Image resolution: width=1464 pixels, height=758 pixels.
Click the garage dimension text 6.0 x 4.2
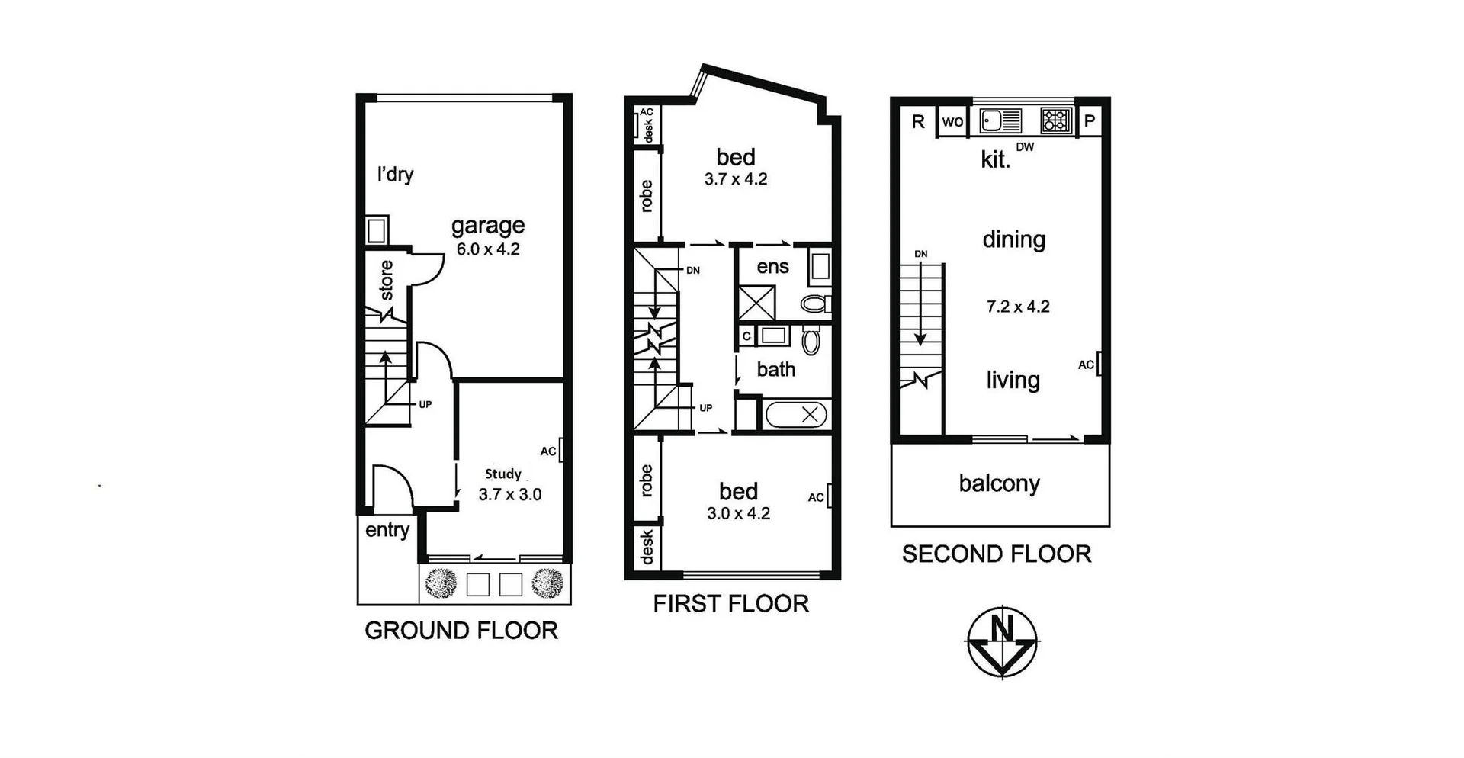coord(488,249)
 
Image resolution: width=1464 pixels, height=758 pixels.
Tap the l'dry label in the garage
coord(395,175)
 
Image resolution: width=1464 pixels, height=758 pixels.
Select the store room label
coord(387,280)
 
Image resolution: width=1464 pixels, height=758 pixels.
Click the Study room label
coord(503,474)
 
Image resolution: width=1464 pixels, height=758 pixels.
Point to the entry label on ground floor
coord(387,530)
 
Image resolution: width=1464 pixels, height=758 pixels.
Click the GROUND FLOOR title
coord(461,631)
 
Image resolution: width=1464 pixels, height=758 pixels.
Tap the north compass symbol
coord(1002,641)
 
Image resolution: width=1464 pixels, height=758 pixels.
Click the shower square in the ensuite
coord(756,303)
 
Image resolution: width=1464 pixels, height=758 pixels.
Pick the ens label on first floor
coord(772,267)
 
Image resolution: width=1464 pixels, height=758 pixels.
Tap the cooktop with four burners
coord(1056,120)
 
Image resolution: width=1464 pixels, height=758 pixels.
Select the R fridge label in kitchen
coord(918,121)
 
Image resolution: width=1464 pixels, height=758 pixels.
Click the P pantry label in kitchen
coord(1090,120)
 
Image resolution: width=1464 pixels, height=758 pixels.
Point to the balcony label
coord(999,483)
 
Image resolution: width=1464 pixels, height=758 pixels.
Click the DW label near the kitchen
coord(1025,147)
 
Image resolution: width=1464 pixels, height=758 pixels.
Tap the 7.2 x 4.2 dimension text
coord(1018,307)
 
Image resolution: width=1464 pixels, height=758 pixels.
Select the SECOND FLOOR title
coord(997,554)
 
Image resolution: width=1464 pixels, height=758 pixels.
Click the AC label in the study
coord(548,451)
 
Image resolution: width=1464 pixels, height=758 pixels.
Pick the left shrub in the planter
coord(441,584)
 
